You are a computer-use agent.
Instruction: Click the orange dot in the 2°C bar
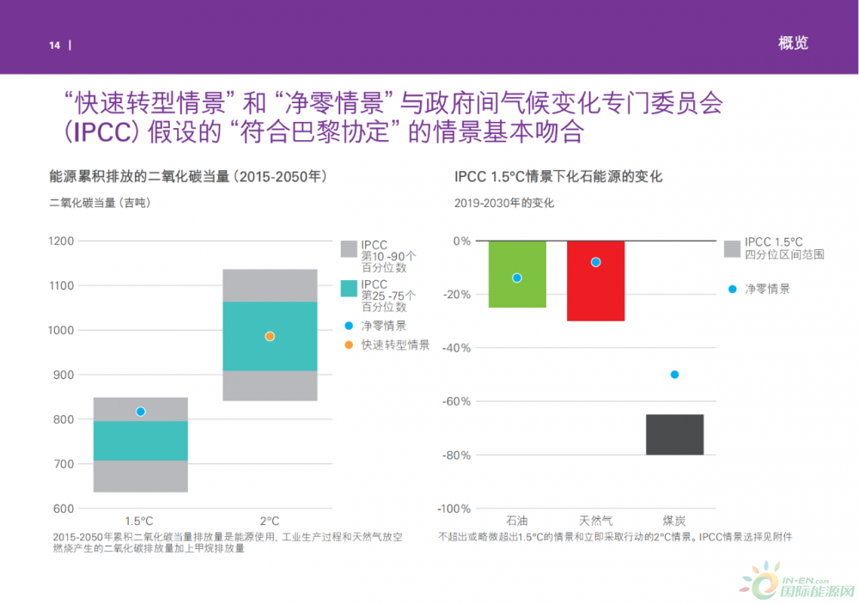[x=270, y=337]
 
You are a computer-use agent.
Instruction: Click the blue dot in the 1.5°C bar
[x=141, y=412]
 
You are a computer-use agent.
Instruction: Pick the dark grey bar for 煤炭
[x=674, y=435]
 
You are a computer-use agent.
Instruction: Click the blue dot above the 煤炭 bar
[x=674, y=375]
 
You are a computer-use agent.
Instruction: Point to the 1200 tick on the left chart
[x=62, y=241]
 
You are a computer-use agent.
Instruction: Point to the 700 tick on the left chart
[x=62, y=464]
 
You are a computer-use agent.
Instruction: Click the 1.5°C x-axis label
[x=139, y=521]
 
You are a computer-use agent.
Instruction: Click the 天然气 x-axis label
[x=595, y=521]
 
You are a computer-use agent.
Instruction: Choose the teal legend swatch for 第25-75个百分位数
[x=349, y=290]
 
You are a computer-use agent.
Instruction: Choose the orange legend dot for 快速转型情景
[x=348, y=345]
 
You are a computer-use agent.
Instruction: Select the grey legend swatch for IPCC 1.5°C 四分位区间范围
[x=732, y=248]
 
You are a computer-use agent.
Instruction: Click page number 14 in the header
[x=54, y=46]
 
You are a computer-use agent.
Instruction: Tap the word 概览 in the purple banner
[x=793, y=43]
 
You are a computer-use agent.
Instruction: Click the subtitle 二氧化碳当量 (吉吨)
[x=98, y=203]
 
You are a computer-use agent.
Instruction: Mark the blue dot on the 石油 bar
[x=517, y=278]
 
